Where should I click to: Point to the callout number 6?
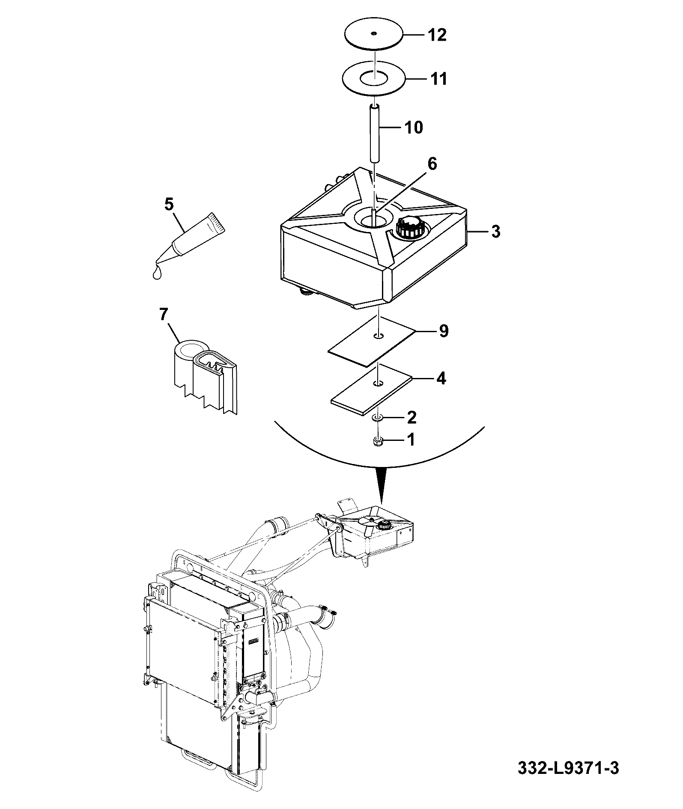(432, 164)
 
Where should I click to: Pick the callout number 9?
(444, 331)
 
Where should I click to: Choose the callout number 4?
(441, 378)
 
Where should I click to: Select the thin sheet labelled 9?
(372, 341)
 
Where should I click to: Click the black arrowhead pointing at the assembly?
(379, 484)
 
